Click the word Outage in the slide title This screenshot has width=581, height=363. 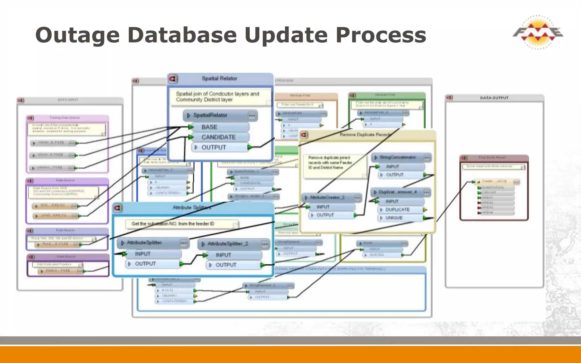coord(77,35)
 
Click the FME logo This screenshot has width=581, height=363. coord(537,32)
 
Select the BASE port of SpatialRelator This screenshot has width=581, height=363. coord(209,127)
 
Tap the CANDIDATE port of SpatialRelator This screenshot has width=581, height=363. coord(218,137)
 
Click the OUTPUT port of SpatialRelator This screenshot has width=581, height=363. coord(214,147)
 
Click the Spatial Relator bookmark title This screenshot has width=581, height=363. coord(219,79)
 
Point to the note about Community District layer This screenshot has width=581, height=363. coord(218,97)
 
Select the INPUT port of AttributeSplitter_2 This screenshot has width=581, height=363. coord(223,255)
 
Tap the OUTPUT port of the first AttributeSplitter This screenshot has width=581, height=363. coord(145,264)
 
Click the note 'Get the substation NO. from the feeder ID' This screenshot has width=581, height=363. coord(173,224)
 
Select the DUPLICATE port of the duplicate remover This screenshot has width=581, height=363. coord(397,210)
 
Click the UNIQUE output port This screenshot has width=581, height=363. coord(394,218)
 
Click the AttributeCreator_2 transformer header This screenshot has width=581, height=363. coord(327,197)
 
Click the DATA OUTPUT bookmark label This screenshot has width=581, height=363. coord(494,98)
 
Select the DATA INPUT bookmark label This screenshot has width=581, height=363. coord(68,100)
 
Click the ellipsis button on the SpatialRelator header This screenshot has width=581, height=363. coord(252,115)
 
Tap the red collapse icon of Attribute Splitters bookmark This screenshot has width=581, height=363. coord(117,208)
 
